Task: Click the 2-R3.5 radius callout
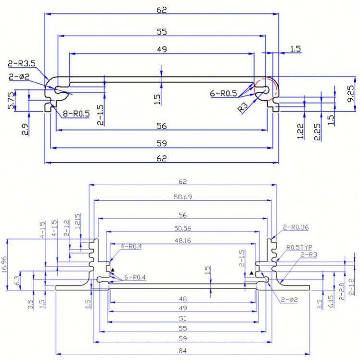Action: click(x=22, y=64)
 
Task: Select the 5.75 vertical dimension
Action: click(x=11, y=101)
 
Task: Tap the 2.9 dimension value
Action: click(x=25, y=129)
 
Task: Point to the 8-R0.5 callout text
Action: click(x=76, y=114)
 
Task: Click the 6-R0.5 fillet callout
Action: click(x=223, y=93)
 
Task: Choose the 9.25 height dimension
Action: click(x=350, y=94)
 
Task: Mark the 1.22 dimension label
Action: click(x=300, y=131)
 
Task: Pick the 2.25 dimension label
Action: click(x=317, y=132)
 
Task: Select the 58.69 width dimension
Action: click(x=183, y=197)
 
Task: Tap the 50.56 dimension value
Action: click(x=183, y=229)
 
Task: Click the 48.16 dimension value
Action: click(x=183, y=241)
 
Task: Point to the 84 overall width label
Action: click(x=183, y=351)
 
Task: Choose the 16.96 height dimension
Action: click(x=4, y=265)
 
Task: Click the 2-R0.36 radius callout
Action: click(x=296, y=227)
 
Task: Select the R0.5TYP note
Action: click(x=299, y=247)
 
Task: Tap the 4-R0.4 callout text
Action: click(x=131, y=246)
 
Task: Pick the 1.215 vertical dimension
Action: click(x=78, y=221)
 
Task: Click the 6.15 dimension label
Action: click(x=331, y=301)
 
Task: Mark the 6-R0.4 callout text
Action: click(x=135, y=277)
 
